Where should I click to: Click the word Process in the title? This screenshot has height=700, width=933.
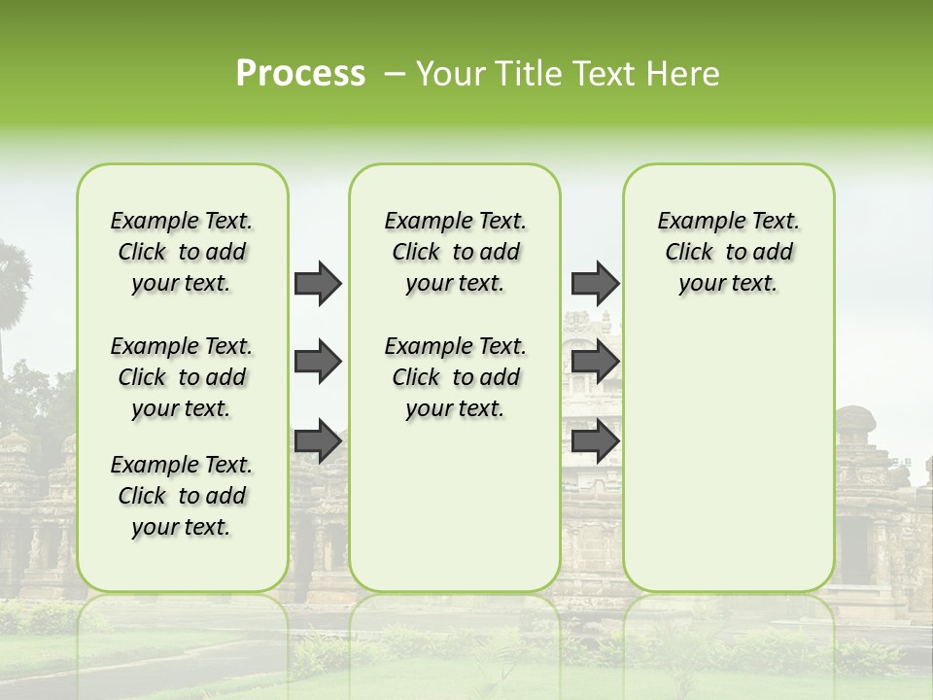coord(300,74)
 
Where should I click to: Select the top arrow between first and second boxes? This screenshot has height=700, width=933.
coord(318,283)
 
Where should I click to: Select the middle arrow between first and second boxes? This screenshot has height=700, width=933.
coord(318,362)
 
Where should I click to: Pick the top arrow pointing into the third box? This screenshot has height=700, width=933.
coord(595,283)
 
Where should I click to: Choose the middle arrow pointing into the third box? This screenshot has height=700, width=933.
coord(595,362)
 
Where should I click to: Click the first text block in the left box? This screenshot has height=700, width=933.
coord(182,252)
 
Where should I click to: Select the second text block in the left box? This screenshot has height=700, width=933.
coord(182,377)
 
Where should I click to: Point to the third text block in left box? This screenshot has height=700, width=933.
coord(182,496)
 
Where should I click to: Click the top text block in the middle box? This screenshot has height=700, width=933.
coord(455,252)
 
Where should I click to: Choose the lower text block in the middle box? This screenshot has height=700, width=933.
coord(455,377)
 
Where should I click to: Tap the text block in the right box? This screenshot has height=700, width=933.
coord(728,252)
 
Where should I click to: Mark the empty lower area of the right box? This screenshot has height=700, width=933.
coord(728,457)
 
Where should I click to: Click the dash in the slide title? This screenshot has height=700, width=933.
coord(395,74)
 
